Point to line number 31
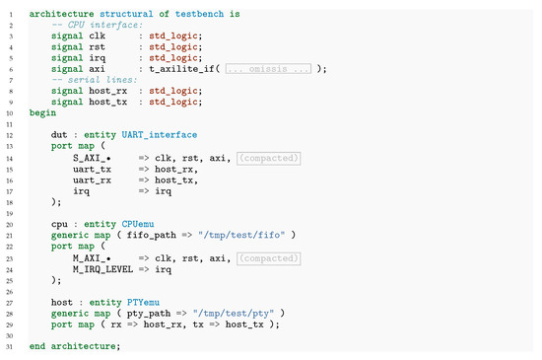click(x=9, y=345)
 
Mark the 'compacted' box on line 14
click(x=269, y=158)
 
